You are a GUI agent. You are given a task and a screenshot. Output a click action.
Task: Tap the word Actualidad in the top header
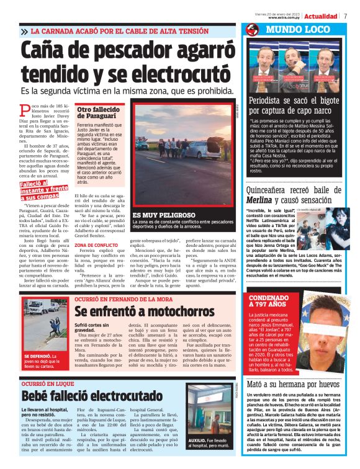point(321,16)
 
